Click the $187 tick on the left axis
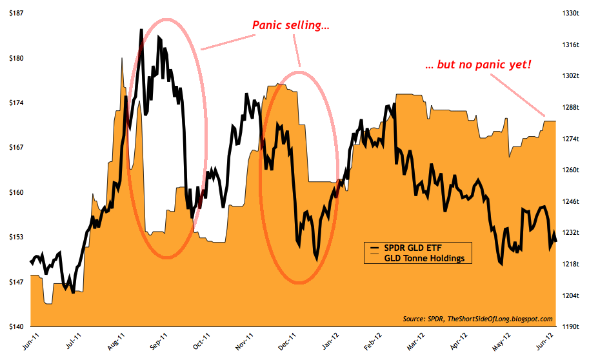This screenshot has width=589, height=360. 13,13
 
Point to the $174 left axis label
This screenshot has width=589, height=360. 13,103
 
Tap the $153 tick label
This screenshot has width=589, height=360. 13,237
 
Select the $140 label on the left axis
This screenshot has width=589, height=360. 13,327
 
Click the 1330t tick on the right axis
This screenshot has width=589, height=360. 571,13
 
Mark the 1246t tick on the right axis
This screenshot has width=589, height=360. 571,201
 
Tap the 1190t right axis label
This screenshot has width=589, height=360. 571,327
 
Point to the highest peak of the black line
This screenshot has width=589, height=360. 141,30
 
